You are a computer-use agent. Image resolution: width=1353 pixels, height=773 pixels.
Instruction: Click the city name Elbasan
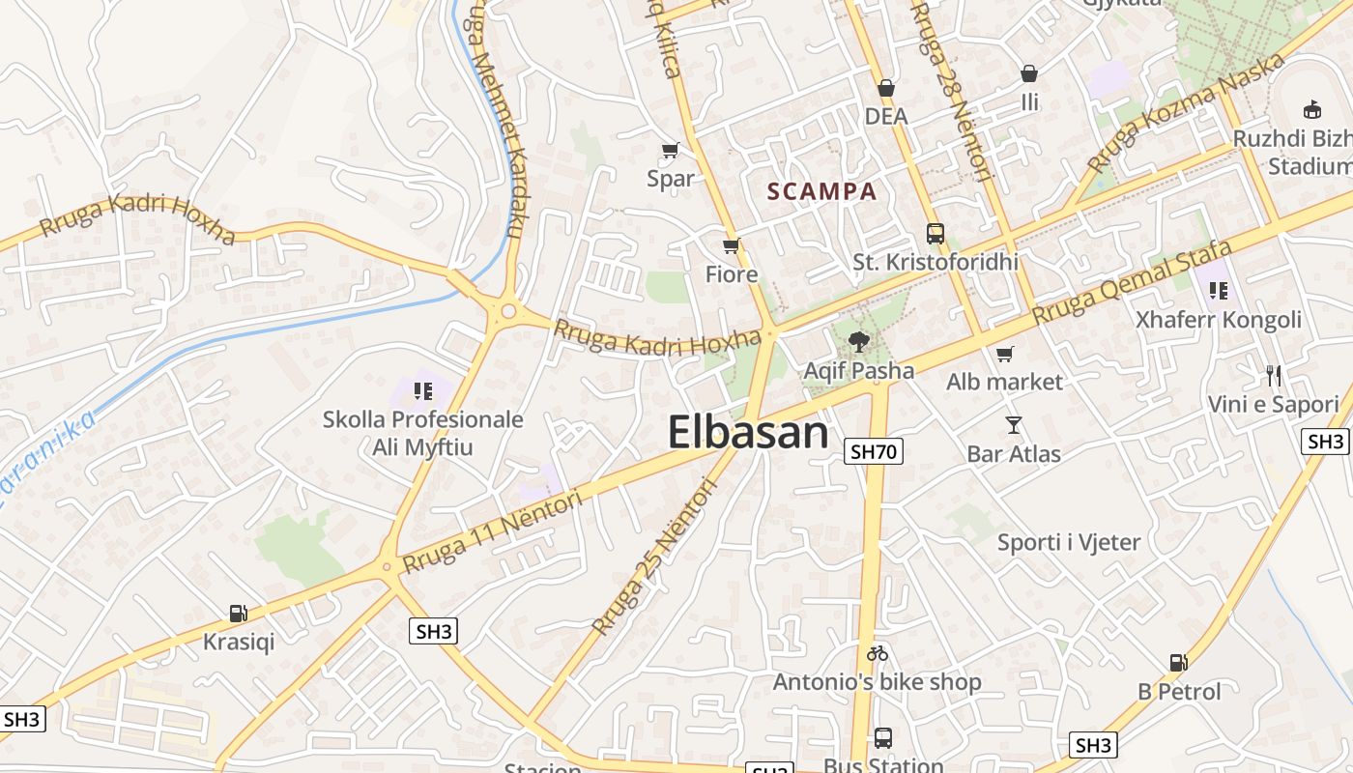pos(748,432)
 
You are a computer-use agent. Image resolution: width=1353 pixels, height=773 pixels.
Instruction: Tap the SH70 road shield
pos(873,450)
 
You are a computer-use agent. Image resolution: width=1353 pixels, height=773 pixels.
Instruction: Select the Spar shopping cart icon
pos(670,150)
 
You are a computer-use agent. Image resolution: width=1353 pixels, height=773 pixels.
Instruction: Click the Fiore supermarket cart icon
pos(732,245)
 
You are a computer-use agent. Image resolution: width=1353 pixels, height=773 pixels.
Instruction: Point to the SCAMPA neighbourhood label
pos(822,191)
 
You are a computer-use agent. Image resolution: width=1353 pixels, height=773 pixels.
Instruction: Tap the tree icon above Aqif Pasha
pos(857,341)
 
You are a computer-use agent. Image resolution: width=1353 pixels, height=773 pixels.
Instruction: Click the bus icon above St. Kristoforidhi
pos(935,233)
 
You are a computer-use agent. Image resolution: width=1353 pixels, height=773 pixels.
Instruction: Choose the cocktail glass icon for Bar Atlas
pos(1013,424)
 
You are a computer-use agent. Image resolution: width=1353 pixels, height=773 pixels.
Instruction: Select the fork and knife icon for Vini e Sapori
pos(1274,375)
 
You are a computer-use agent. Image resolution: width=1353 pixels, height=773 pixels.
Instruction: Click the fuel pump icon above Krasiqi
pos(238,613)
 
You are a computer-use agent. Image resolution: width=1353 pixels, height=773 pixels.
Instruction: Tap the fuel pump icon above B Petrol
pos(1178,663)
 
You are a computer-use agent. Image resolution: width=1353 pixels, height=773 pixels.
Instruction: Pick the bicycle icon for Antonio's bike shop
pos(877,653)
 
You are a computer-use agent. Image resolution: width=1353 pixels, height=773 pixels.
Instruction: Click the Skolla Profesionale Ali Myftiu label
pos(423,433)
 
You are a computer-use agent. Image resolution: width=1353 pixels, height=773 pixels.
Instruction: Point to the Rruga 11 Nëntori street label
pos(493,530)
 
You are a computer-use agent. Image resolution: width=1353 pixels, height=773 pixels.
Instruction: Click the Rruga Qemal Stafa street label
pos(1132,282)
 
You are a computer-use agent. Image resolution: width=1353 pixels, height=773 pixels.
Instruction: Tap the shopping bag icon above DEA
pos(885,89)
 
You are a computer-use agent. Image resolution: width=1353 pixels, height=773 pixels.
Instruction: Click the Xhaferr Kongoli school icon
pos(1218,290)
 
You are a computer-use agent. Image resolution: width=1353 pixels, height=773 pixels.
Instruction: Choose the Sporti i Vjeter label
pos(1069,542)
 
